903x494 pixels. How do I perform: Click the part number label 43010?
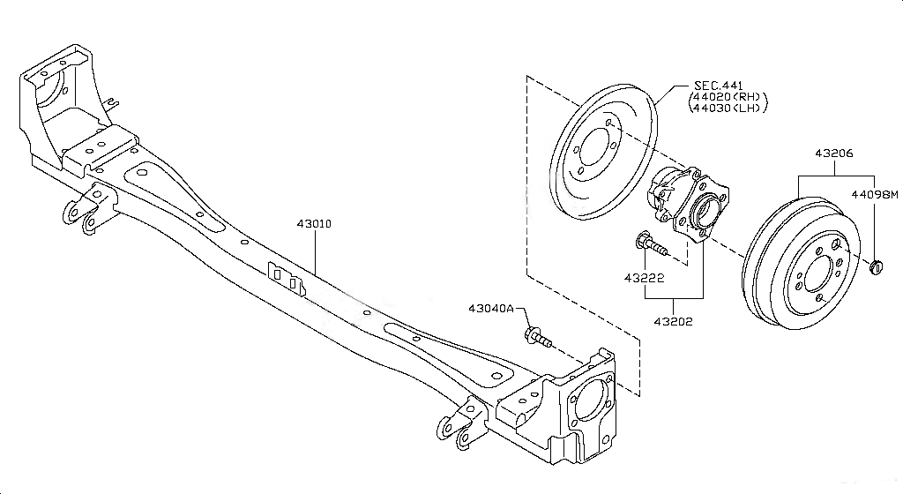[313, 224]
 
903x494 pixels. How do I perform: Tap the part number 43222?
[644, 278]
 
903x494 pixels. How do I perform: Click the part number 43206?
[833, 154]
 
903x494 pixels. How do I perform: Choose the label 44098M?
[874, 193]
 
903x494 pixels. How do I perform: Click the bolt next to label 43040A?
[537, 336]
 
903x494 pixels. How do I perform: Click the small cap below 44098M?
[876, 267]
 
